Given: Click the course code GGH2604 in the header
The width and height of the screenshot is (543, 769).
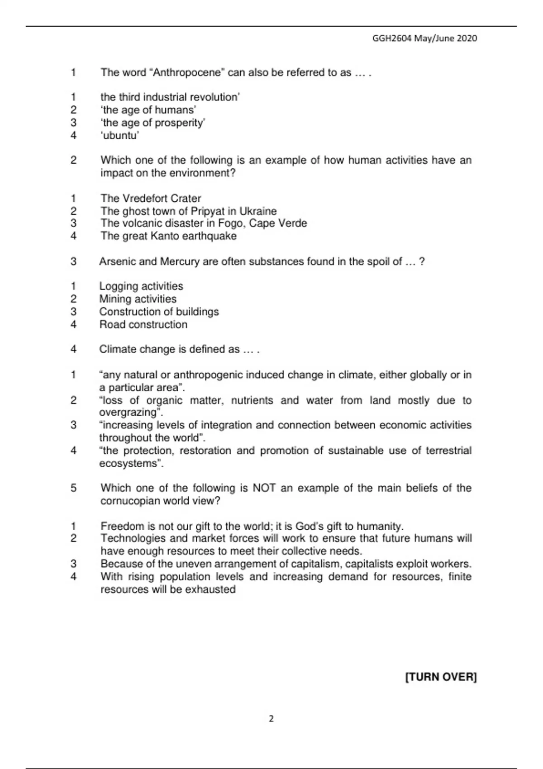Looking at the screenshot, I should [x=392, y=38].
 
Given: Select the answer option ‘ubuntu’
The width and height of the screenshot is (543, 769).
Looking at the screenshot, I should [x=119, y=135].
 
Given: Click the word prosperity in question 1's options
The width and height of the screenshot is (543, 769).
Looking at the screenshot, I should [x=180, y=123].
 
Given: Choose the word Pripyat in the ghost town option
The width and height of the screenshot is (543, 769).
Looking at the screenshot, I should [x=209, y=211].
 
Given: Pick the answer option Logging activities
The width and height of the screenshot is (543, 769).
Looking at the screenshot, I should [x=141, y=286].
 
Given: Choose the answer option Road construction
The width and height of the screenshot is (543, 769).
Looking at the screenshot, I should [x=143, y=325].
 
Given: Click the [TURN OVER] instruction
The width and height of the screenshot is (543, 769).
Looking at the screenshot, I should [x=441, y=677].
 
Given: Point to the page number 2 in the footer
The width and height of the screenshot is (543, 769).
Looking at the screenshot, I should [x=271, y=719].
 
